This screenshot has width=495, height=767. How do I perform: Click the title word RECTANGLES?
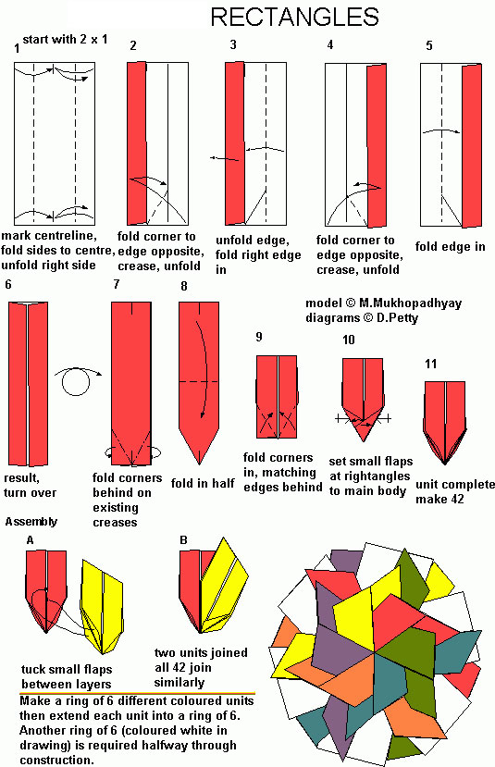coord(294,18)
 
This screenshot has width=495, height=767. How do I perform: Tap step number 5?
coord(429,45)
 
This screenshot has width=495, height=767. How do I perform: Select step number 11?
coord(430,364)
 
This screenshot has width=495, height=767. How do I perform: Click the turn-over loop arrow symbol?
coord(77,380)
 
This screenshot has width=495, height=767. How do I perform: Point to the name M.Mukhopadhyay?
coord(410,303)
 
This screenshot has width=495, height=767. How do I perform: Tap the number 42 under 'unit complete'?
coord(455,499)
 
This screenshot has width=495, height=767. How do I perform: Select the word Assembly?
coord(31,522)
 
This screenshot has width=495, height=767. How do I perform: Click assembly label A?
coord(31,540)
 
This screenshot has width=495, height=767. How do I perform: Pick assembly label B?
coord(183,540)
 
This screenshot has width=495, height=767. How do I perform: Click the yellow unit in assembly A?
coord(102,607)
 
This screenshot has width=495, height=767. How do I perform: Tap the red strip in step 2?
coord(136,143)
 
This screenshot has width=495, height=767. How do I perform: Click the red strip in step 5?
coord(472,146)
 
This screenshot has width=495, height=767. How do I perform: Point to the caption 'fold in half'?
coord(203,483)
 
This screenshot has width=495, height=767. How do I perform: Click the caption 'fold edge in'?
coord(450,246)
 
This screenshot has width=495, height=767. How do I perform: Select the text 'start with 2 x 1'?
coord(65,39)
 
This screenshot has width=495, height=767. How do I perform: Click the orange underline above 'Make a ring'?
coord(138,694)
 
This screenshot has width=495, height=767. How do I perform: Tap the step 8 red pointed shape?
coord(199,381)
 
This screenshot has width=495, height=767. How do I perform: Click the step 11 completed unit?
coord(445,422)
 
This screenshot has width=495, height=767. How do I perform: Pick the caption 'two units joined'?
coord(201,652)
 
